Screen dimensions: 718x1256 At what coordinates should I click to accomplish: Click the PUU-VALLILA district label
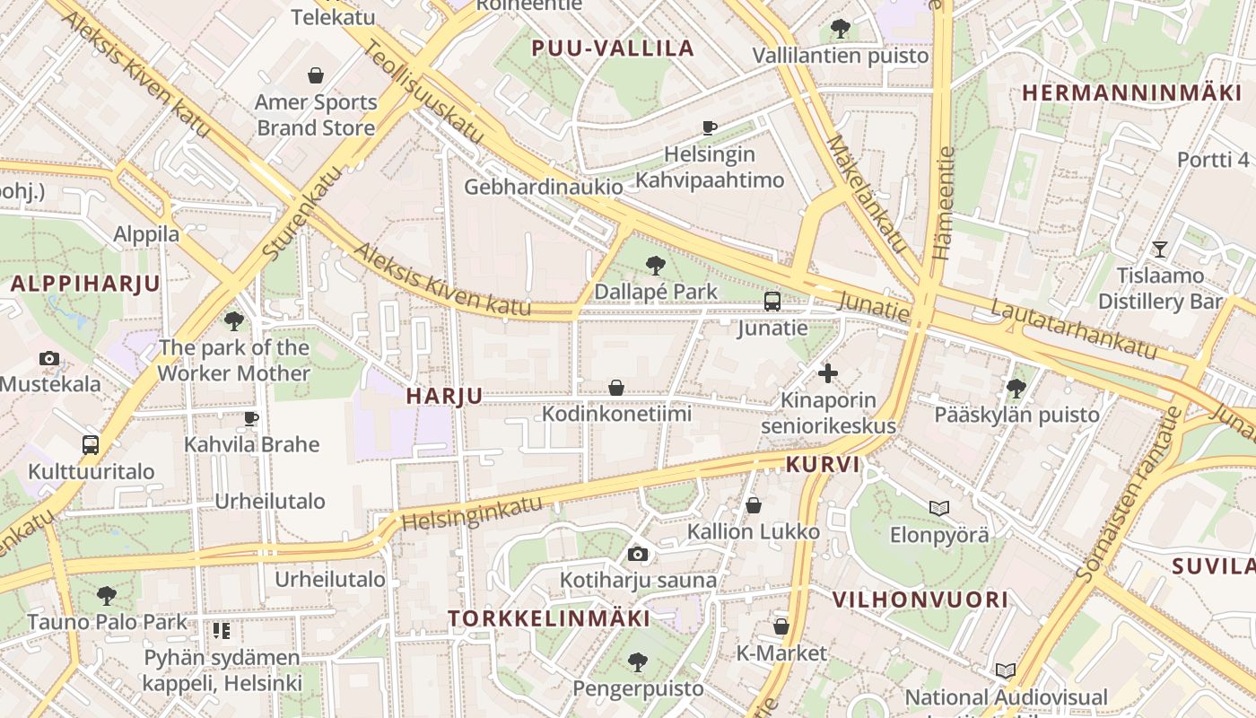pos(614,48)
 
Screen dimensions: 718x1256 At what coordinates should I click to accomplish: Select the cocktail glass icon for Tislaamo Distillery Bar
pos(1160,249)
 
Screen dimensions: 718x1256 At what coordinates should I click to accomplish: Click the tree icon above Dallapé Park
pos(656,265)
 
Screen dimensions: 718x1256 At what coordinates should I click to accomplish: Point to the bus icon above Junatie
pos(772,302)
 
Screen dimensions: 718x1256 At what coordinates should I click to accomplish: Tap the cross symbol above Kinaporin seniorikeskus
pos(828,372)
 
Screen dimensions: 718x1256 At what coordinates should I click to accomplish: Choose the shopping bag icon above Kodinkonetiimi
pos(616,388)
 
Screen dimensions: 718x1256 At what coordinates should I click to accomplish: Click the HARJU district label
pos(444,396)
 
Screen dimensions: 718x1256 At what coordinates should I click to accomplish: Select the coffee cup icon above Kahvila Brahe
pos(251,418)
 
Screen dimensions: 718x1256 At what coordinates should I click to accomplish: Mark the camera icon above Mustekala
pos(49,359)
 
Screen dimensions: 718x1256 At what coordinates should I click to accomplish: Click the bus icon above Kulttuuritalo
pos(91,444)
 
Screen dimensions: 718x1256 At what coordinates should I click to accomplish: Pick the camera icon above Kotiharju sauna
pos(638,554)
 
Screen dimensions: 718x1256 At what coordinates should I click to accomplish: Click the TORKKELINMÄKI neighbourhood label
pos(548,618)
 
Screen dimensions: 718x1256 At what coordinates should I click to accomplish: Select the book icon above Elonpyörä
pos(939,508)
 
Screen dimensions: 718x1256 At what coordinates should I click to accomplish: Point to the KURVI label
pos(823,465)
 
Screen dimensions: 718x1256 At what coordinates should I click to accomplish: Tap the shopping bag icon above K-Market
pos(781,626)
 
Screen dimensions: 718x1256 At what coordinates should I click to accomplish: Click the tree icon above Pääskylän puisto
pos(1016,388)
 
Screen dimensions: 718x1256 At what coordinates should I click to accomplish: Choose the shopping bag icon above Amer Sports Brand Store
pos(316,75)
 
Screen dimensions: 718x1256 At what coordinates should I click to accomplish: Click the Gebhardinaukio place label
pos(543,187)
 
